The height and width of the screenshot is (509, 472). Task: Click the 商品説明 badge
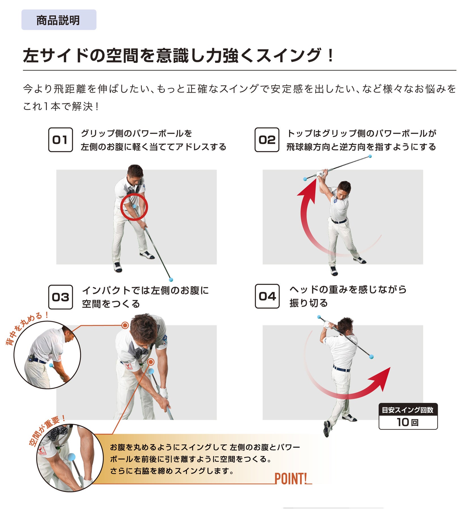click(59, 20)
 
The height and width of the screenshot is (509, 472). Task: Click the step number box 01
click(60, 140)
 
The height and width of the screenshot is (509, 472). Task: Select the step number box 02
click(267, 140)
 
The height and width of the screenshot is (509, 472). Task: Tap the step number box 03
click(60, 297)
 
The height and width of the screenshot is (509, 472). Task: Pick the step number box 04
click(267, 296)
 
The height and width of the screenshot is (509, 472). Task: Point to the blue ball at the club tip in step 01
click(171, 280)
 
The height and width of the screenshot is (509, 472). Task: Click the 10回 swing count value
click(408, 422)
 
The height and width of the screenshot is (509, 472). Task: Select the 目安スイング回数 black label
click(408, 410)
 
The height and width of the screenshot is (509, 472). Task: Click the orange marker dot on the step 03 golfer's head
click(125, 325)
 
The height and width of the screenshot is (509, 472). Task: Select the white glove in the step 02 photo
click(320, 173)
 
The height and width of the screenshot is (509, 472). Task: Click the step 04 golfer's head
click(345, 326)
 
